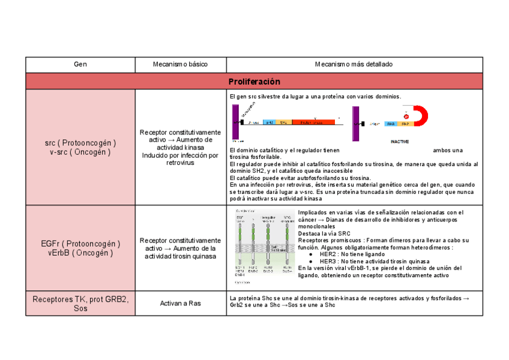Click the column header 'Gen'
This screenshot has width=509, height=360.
pos(80,64)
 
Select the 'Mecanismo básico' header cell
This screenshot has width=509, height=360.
pos(181,64)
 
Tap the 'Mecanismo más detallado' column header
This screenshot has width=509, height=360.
pos(354,64)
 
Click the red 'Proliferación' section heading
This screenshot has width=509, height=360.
pos(254,81)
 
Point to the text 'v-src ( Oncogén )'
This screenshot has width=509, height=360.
pos(80,152)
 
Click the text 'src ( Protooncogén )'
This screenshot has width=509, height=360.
pos(80,143)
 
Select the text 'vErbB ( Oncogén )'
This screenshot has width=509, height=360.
pos(80,253)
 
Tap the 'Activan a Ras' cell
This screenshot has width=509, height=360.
pos(181,303)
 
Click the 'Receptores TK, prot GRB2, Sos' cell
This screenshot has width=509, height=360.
pos(80,303)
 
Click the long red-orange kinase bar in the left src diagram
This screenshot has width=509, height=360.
pos(313,122)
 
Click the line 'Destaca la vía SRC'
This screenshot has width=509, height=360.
pos(324,233)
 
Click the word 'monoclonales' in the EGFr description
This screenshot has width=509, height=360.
pos(316,227)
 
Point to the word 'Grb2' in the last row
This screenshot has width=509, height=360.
pos(236,305)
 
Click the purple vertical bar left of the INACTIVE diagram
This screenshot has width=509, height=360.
pos(356,123)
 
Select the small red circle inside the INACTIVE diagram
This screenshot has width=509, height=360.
pos(406,116)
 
